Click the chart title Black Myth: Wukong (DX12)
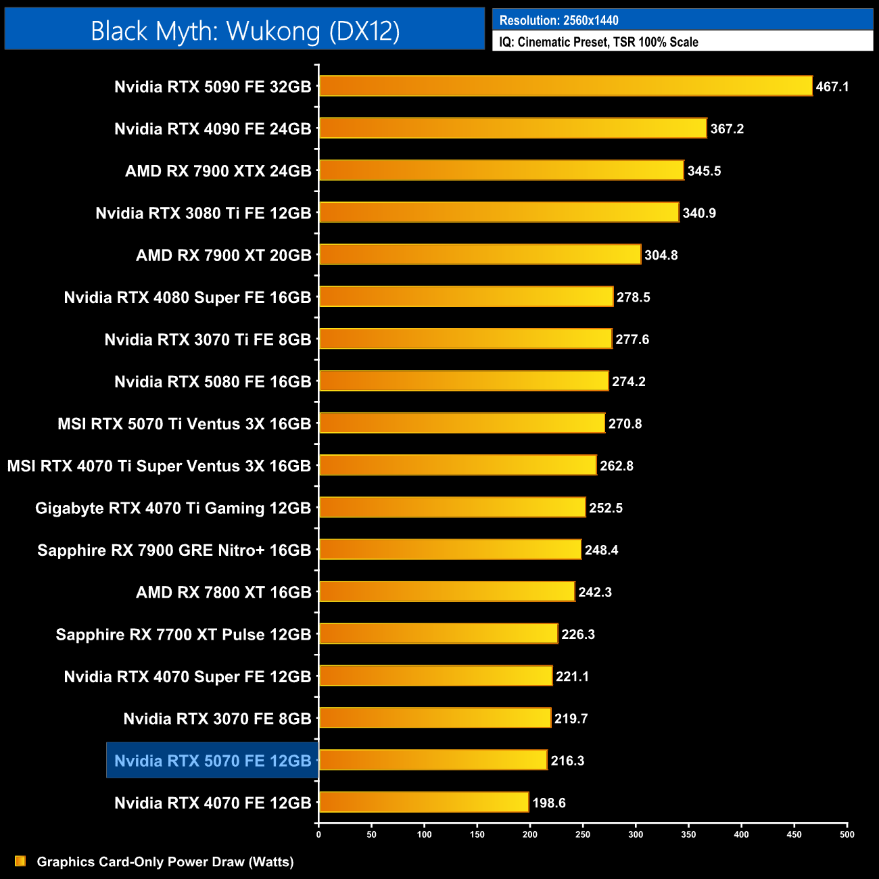tap(245, 31)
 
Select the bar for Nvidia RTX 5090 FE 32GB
tap(565, 86)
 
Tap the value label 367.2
tap(727, 128)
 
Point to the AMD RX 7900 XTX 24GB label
tap(218, 171)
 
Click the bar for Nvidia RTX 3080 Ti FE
tap(498, 212)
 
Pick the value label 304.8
tap(661, 255)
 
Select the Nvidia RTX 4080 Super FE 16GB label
tap(187, 298)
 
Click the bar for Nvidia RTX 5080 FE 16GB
tap(463, 381)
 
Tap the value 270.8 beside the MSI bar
tap(625, 424)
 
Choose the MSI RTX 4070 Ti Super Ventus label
tap(159, 466)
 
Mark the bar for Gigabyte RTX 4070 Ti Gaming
tap(452, 507)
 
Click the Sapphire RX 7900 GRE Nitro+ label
tap(174, 550)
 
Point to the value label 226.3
tap(578, 634)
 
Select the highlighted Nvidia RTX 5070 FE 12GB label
tap(212, 761)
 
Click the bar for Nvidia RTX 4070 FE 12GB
tap(423, 802)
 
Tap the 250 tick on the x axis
tap(583, 834)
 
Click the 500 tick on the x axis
tap(847, 834)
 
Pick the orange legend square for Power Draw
tap(20, 861)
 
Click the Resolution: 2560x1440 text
tap(559, 20)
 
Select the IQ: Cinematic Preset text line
tap(598, 42)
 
